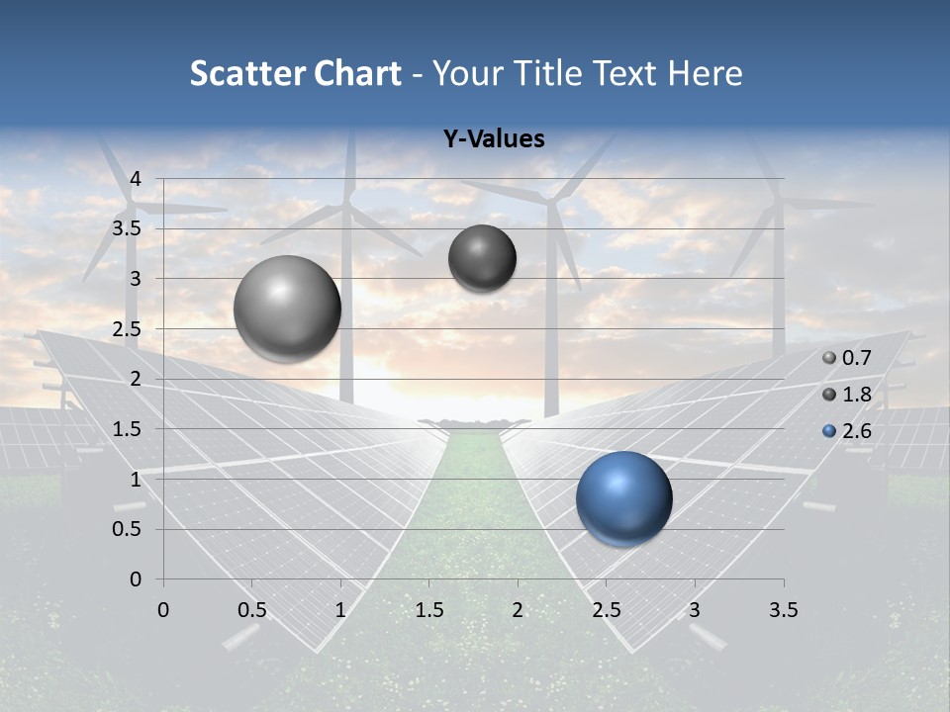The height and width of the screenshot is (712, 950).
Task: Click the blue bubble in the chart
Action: (623, 498)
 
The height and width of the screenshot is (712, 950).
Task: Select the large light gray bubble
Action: (287, 309)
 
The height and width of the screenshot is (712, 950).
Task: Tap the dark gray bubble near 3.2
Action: (482, 258)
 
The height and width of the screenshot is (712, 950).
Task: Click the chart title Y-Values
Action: (494, 139)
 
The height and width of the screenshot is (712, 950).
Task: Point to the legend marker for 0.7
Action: (829, 358)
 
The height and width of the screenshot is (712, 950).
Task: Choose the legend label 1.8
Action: (856, 395)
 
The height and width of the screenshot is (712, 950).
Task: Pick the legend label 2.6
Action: (856, 431)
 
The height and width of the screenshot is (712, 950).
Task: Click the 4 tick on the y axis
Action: (136, 179)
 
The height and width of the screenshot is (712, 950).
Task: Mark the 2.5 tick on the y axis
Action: (128, 329)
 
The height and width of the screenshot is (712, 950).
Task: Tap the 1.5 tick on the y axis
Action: (128, 429)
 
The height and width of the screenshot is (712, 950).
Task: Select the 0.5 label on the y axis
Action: (128, 529)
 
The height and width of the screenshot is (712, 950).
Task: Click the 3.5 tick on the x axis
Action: (783, 610)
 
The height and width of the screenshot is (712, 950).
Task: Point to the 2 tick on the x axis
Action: (518, 610)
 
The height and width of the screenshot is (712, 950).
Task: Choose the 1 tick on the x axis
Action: (340, 610)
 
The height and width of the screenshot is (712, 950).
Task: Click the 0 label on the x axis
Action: (163, 610)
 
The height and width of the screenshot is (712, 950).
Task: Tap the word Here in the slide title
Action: (705, 73)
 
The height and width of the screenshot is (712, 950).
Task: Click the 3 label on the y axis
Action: (136, 279)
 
